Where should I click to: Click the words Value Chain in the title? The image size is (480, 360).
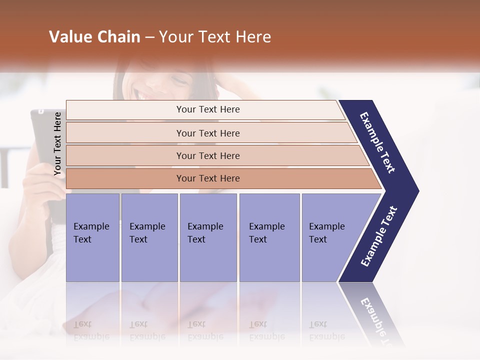(94, 37)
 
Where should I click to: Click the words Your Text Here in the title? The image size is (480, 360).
(215, 37)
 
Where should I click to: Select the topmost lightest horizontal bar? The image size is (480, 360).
(207, 109)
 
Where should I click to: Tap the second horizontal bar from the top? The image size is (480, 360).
(207, 133)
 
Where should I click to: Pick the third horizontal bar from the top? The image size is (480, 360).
(207, 155)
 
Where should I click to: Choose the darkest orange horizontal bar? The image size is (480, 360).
(207, 178)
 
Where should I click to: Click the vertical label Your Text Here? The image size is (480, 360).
(57, 144)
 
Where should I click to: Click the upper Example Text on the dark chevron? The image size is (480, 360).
(378, 142)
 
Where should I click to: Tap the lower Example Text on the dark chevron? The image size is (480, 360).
(379, 236)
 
